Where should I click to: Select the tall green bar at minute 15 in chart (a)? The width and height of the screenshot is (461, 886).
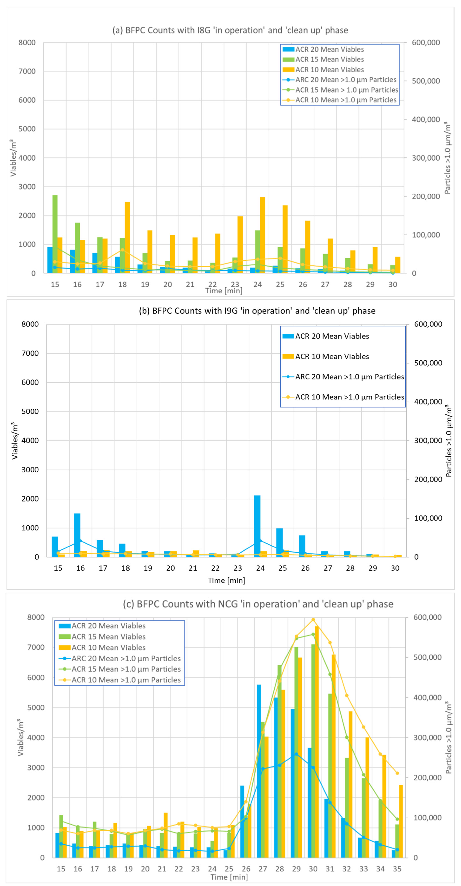tap(55, 234)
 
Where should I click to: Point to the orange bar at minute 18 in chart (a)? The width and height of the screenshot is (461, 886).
tap(127, 237)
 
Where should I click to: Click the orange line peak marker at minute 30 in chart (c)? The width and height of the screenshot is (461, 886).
tap(313, 619)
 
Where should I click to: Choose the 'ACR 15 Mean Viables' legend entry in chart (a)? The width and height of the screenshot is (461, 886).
tap(329, 60)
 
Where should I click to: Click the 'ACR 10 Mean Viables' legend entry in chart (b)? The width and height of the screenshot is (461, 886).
tap(332, 356)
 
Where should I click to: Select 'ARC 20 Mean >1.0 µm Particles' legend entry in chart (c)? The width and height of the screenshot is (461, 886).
tap(126, 658)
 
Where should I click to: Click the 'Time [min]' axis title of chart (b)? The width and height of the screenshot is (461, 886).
tap(226, 580)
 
